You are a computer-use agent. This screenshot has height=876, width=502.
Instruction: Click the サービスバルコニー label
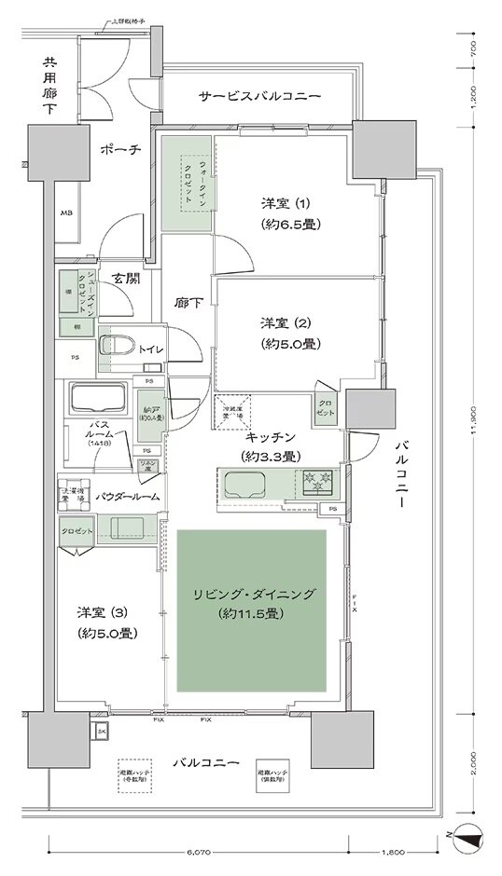click(259, 97)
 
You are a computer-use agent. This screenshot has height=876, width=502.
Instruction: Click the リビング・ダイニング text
click(252, 594)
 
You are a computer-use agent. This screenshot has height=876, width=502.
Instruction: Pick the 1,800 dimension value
click(393, 852)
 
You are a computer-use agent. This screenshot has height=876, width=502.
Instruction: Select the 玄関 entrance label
click(126, 279)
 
